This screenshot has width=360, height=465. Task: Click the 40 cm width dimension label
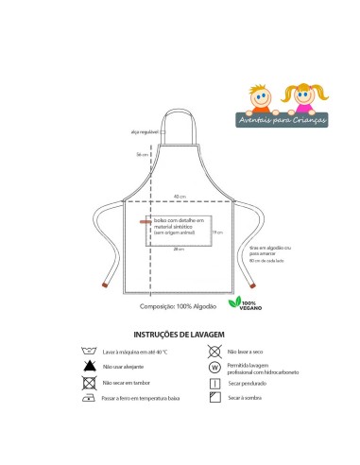coord(179,196)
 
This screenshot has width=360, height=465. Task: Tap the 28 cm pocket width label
coord(178,249)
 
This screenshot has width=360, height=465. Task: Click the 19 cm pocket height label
coord(216,232)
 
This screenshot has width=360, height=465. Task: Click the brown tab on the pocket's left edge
coord(144,223)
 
